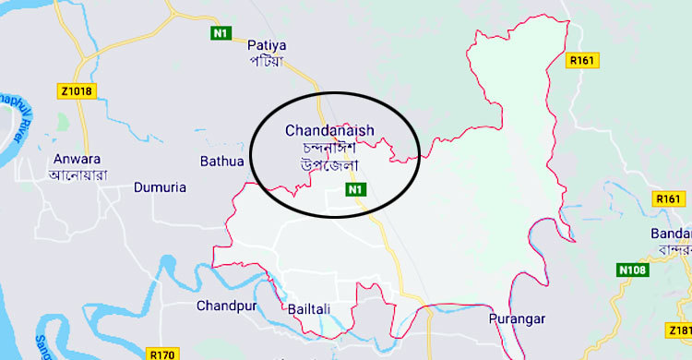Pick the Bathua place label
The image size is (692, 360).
point(222,162)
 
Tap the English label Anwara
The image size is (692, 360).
point(77,157)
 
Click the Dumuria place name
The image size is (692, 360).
point(160,187)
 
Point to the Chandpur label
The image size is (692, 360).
point(224,306)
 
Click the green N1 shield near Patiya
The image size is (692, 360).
point(220,34)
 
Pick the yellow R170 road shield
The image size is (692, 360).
point(161,353)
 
